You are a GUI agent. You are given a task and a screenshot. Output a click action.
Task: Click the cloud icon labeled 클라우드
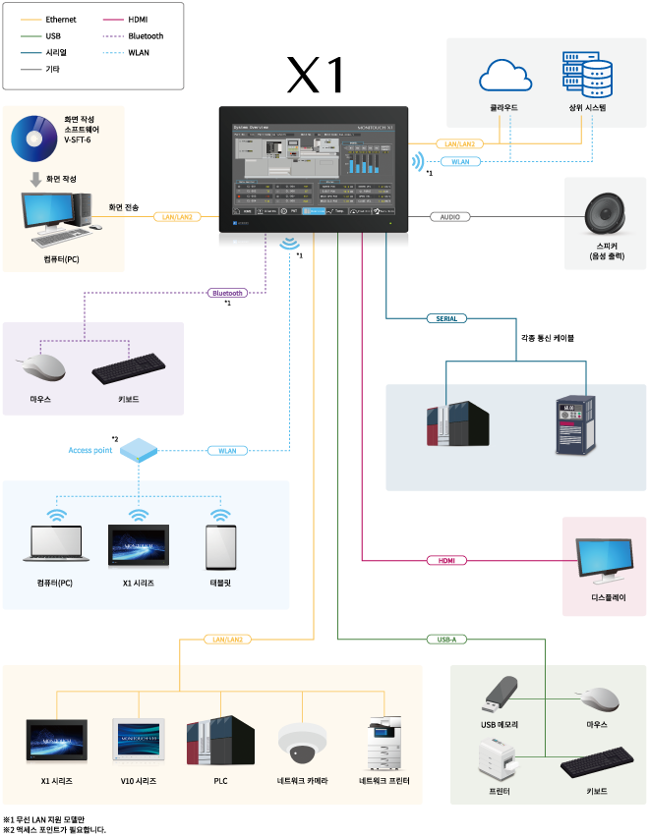click(505, 77)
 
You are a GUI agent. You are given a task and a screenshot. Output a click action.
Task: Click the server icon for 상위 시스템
click(586, 75)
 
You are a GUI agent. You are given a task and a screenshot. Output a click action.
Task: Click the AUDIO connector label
click(449, 216)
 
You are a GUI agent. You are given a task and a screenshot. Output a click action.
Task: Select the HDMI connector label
click(446, 560)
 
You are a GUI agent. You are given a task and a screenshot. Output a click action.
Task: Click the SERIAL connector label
click(446, 318)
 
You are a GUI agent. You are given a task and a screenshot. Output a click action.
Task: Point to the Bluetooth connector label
click(227, 293)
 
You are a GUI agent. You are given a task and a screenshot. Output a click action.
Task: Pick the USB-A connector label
click(446, 640)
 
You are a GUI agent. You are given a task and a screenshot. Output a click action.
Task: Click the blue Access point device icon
click(139, 451)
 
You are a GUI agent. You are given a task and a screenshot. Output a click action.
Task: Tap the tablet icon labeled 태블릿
click(220, 548)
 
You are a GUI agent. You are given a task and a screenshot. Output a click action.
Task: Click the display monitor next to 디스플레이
click(605, 561)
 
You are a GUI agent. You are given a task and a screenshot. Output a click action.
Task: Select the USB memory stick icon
click(499, 695)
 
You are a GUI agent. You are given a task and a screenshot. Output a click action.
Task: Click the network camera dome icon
click(302, 744)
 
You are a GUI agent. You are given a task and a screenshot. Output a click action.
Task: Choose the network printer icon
click(383, 744)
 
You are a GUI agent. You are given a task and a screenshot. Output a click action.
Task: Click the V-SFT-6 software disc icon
click(36, 139)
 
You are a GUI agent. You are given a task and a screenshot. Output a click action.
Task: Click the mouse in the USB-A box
click(597, 698)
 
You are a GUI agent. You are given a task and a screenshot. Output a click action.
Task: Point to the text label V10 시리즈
click(139, 781)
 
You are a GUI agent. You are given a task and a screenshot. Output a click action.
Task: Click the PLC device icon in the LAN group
click(220, 741)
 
